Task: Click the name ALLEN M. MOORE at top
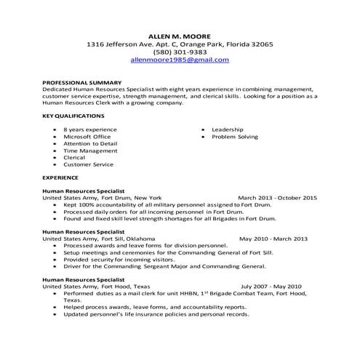[180, 35]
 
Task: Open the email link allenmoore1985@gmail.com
[180, 60]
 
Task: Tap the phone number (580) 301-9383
[180, 52]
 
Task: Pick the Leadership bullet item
[228, 129]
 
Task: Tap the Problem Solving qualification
[235, 137]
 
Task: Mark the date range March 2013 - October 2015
[278, 198]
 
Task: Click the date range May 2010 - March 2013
[273, 239]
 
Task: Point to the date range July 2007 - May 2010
[276, 287]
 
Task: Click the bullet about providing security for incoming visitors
[119, 259]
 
